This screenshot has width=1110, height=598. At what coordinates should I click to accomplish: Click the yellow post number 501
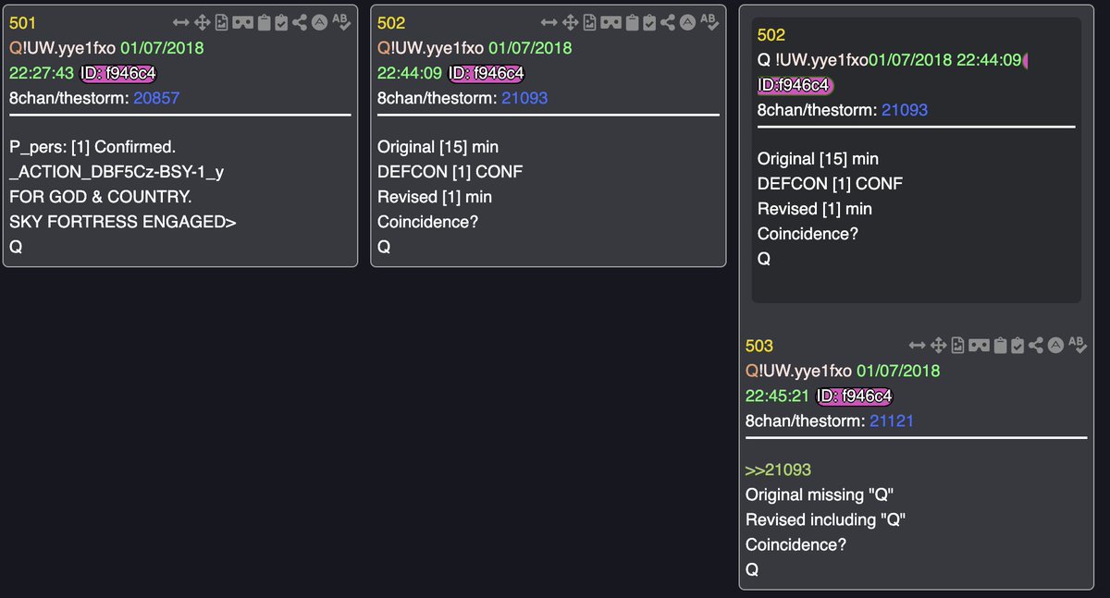pos(22,23)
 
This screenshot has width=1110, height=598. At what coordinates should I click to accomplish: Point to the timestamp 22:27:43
pos(41,73)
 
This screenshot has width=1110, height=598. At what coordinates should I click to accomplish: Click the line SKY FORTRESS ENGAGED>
pos(123,222)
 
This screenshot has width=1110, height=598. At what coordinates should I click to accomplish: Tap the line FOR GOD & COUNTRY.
pos(100,197)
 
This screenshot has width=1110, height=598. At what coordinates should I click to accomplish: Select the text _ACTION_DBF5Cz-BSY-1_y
pos(117,172)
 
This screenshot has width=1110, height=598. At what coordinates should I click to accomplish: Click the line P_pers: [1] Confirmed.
pos(92,147)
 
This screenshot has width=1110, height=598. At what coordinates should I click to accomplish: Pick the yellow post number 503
pos(758,347)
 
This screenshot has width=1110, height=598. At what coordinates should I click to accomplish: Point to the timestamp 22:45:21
pos(777,397)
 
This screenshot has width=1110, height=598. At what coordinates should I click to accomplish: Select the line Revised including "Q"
pos(825,520)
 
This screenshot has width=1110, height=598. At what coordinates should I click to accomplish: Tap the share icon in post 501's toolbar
pos(300,22)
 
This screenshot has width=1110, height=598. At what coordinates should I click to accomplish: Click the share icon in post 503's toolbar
pos(1036,345)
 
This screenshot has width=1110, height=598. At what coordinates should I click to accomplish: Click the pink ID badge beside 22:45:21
pos(855,397)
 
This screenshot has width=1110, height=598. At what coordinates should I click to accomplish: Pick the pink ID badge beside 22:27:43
pos(118,73)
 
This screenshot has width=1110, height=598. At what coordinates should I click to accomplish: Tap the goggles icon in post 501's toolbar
pos(243,22)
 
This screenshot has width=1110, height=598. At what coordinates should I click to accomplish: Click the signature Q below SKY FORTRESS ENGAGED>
pos(15,247)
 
